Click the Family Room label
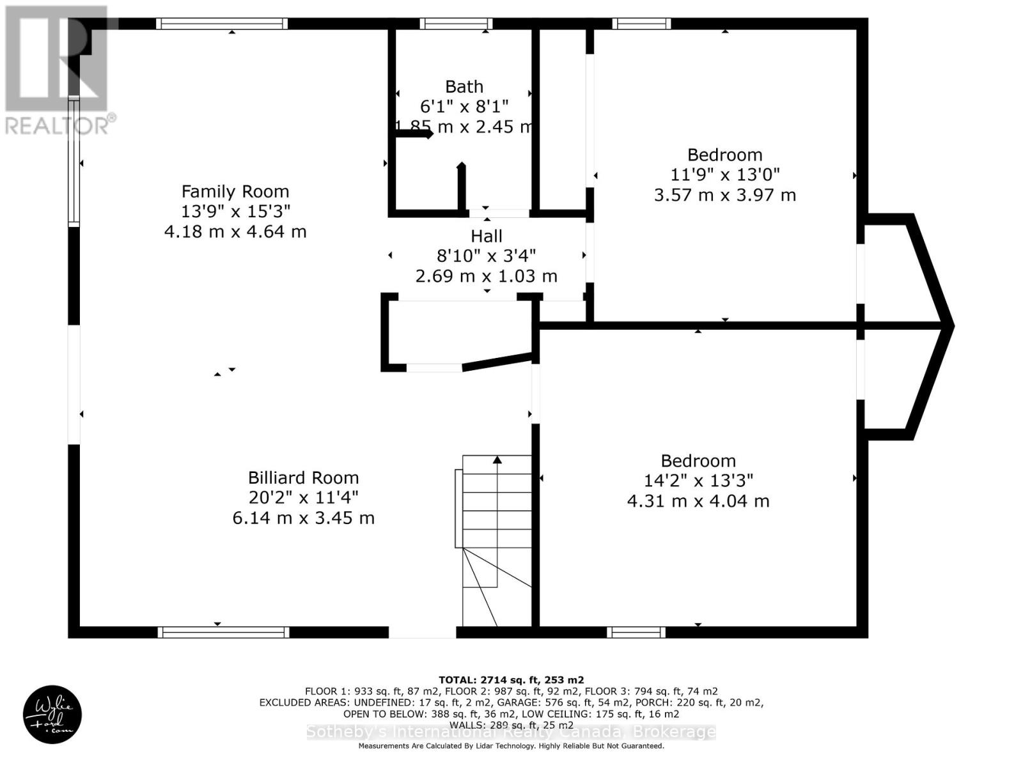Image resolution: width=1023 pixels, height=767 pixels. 235,191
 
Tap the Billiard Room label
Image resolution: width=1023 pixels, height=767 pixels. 303,477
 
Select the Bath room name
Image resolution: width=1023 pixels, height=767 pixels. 464,86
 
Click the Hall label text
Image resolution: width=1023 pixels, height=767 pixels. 487,236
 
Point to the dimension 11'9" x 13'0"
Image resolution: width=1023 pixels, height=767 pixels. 725,174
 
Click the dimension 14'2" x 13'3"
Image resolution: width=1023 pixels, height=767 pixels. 698,481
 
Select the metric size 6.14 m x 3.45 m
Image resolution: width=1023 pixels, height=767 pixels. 303,518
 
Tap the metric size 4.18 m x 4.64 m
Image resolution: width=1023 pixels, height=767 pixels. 235,231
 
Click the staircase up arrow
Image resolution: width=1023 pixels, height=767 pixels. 497,460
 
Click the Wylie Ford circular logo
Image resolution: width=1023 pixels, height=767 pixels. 52,715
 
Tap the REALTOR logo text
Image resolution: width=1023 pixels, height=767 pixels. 61,125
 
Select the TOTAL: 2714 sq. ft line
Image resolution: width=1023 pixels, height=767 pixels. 511,680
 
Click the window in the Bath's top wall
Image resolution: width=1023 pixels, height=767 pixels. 457,24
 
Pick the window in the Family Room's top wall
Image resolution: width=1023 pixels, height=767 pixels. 222,24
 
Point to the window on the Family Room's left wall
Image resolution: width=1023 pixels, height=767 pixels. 74,161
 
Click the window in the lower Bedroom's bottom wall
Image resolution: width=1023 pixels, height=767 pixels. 636,632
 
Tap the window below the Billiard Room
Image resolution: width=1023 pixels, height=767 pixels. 223,632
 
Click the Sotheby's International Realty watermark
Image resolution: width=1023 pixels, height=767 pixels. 511,732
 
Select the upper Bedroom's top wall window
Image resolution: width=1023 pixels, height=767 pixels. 641,24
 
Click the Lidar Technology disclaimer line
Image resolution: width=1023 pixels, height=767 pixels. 511,746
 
